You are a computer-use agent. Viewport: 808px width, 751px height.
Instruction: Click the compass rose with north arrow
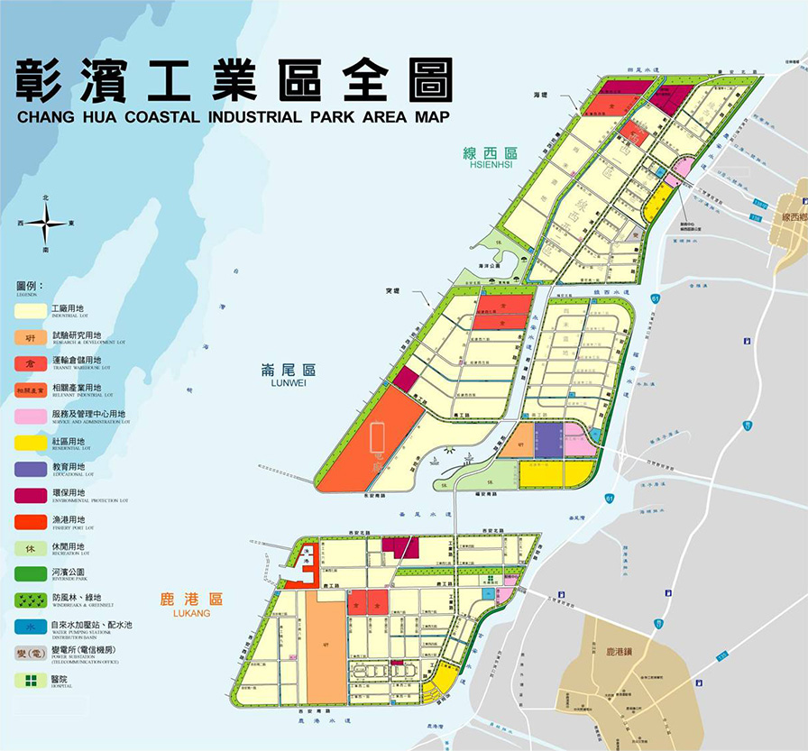coord(45,223)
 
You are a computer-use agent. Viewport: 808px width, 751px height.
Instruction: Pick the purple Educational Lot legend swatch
coord(31,468)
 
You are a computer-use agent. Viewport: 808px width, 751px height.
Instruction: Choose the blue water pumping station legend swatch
coord(31,624)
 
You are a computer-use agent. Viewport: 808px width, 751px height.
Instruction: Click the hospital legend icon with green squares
coord(31,680)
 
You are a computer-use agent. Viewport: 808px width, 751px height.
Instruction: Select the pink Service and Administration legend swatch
coord(31,416)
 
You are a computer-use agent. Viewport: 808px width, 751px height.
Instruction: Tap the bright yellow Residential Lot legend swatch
coord(31,442)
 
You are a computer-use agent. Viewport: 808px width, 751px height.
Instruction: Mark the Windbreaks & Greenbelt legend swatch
coord(31,598)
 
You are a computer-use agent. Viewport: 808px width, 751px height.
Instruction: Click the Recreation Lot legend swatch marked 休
coord(31,546)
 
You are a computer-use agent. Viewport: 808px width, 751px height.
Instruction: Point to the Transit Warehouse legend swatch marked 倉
coord(31,363)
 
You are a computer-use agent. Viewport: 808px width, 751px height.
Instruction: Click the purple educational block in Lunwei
coord(548,440)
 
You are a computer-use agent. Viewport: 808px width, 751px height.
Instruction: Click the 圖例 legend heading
coord(30,285)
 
